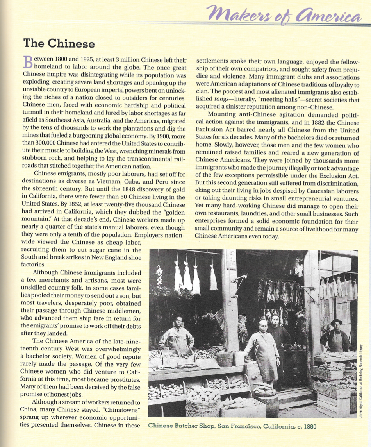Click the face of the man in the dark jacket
pyautogui.click(x=276, y=322)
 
